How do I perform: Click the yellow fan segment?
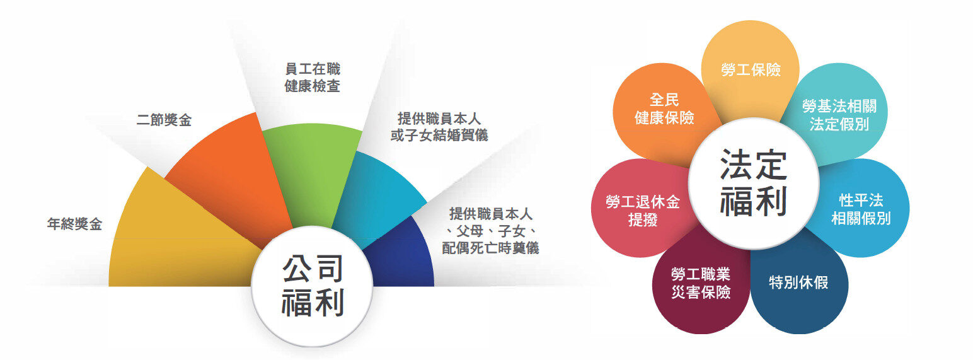coord(174,243)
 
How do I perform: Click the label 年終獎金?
coord(75,224)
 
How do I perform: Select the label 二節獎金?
coord(164,120)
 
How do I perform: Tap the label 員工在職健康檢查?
coord(313,78)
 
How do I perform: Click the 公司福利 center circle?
coord(312,286)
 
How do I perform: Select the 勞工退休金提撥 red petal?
coord(642,209)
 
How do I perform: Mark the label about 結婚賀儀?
coord(439,127)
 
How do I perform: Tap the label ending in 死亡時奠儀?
coord(490,231)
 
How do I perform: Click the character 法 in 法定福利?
coord(737,165)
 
